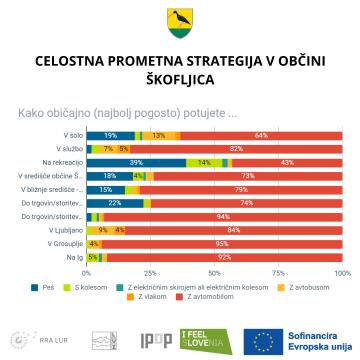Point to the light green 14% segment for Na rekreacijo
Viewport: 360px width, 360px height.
203,162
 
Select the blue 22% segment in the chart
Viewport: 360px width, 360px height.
115,203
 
